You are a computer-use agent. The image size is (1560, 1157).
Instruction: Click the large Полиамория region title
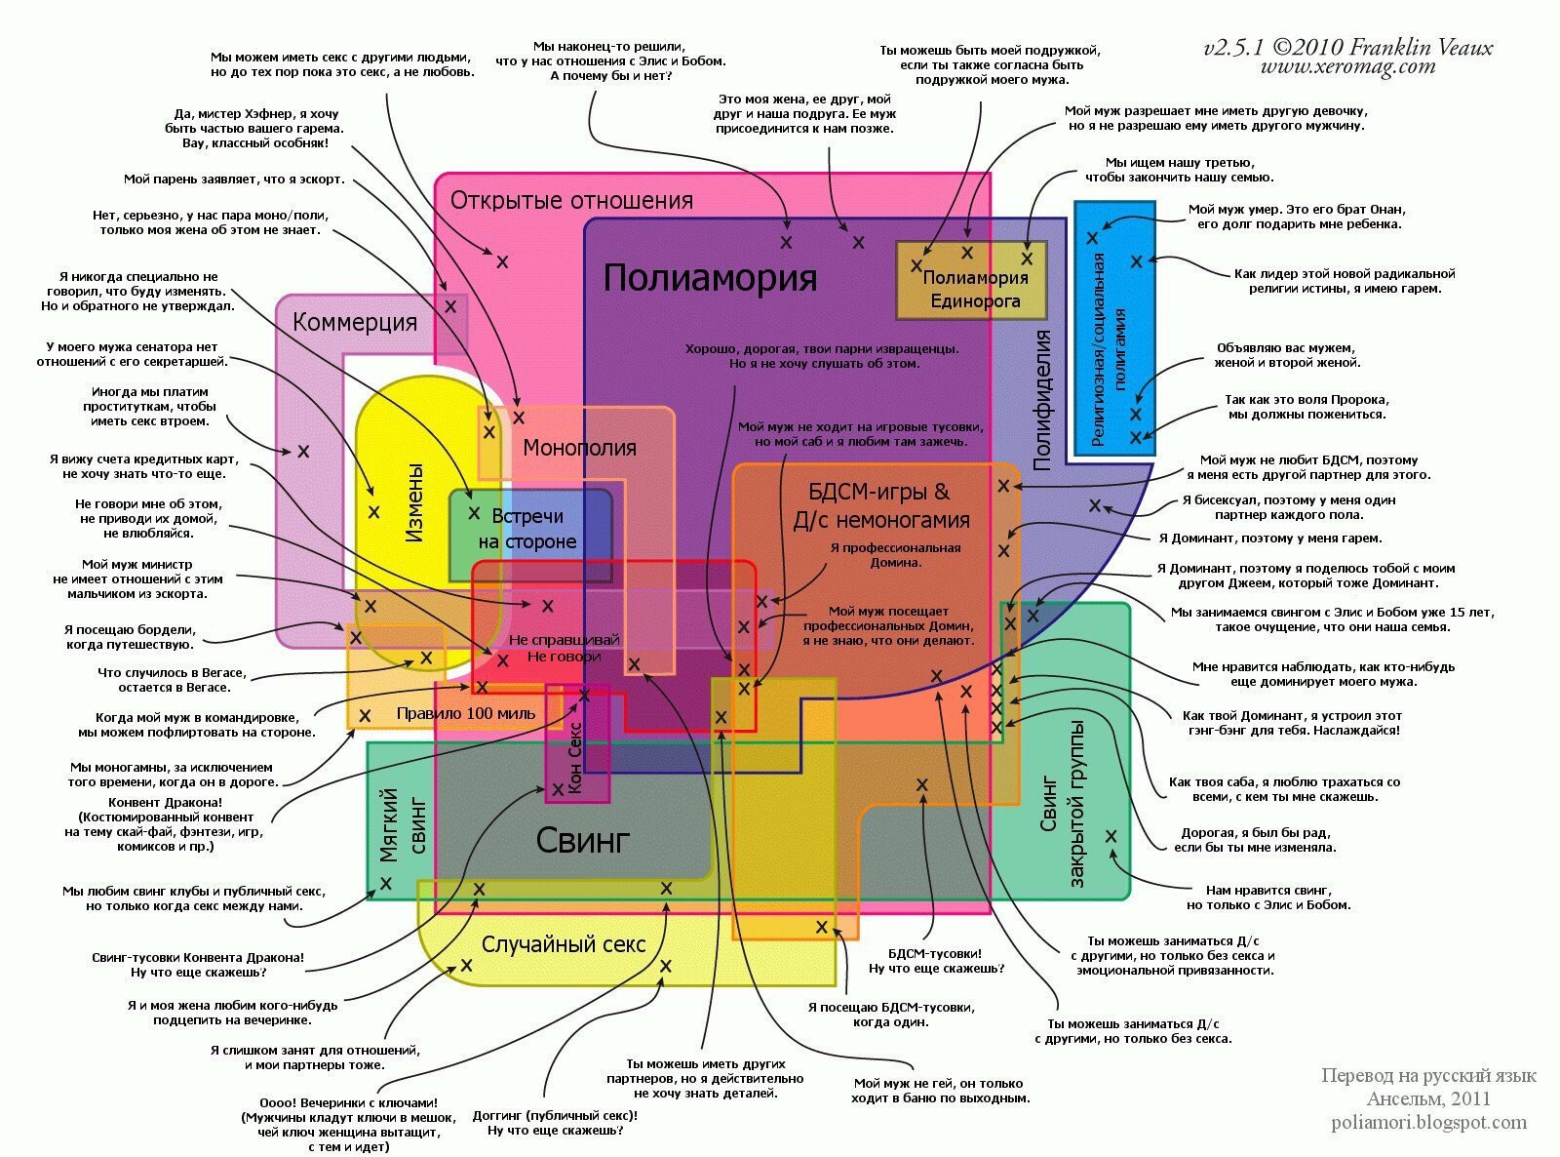coord(710,278)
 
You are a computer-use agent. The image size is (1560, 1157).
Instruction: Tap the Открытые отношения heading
coord(571,200)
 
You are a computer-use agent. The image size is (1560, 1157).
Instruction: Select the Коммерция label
coord(355,322)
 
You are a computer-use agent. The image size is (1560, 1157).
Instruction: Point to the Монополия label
coord(579,448)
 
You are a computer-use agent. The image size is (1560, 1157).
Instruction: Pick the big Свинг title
coord(583,840)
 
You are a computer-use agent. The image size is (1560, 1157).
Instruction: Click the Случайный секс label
coord(564,944)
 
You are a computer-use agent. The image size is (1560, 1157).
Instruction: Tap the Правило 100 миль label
coord(465,713)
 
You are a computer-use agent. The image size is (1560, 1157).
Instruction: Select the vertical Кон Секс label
coord(574,756)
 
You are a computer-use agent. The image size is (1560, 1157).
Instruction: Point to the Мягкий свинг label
coord(403,825)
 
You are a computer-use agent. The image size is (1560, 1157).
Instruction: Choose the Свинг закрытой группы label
coord(1063,806)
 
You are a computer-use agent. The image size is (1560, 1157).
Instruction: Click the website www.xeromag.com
coord(1347,67)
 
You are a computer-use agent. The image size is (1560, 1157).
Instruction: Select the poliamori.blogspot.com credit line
coord(1428,1122)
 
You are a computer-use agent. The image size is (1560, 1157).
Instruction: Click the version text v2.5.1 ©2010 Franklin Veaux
coord(1347,47)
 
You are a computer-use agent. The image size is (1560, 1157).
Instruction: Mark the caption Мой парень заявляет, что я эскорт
coord(234,179)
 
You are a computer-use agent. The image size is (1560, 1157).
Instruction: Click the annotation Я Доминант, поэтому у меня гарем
coord(1269,538)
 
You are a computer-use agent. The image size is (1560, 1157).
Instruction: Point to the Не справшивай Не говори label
coord(565,648)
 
